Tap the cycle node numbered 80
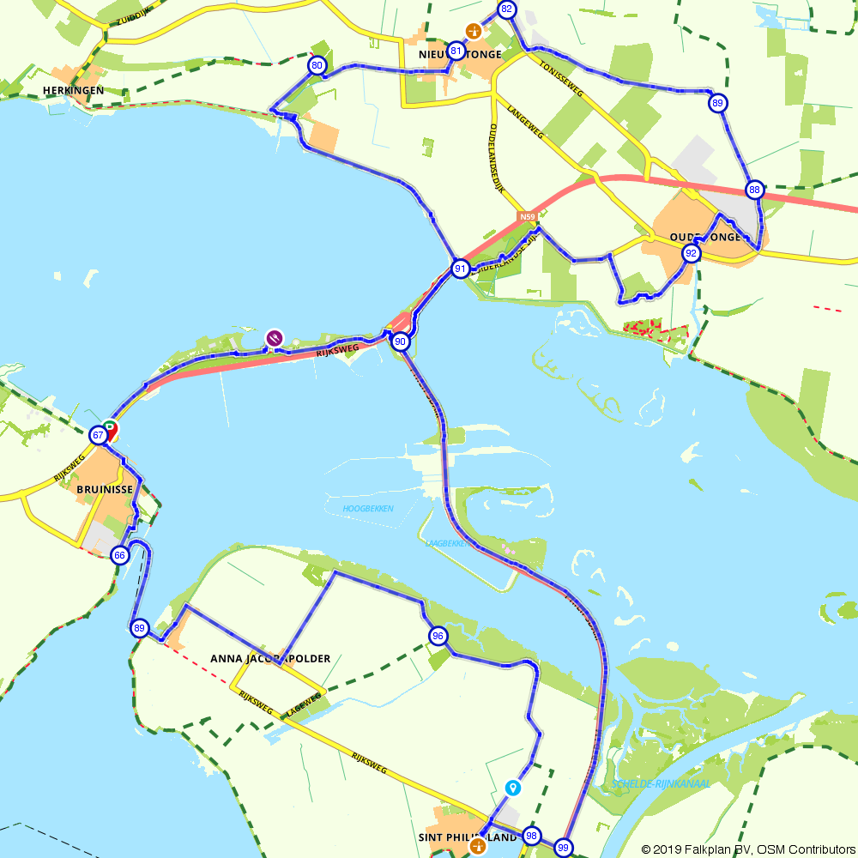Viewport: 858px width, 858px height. click(x=317, y=65)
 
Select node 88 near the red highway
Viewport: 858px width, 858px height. click(x=754, y=190)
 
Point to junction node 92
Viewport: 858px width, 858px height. click(x=691, y=253)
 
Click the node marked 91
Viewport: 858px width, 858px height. click(x=461, y=269)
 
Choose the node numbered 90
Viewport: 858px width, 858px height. click(x=400, y=341)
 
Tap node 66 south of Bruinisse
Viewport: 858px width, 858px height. click(x=120, y=555)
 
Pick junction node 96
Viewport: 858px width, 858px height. click(x=438, y=636)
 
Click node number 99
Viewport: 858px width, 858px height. click(x=563, y=848)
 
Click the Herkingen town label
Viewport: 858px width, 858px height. click(x=74, y=90)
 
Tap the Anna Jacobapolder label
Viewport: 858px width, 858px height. click(x=270, y=659)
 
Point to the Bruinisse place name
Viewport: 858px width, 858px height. click(x=104, y=489)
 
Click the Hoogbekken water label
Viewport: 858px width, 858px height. click(x=367, y=509)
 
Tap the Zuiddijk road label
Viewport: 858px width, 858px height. click(x=125, y=15)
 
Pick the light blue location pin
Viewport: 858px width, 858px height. click(x=513, y=787)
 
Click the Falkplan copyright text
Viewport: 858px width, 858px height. click(x=748, y=849)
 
